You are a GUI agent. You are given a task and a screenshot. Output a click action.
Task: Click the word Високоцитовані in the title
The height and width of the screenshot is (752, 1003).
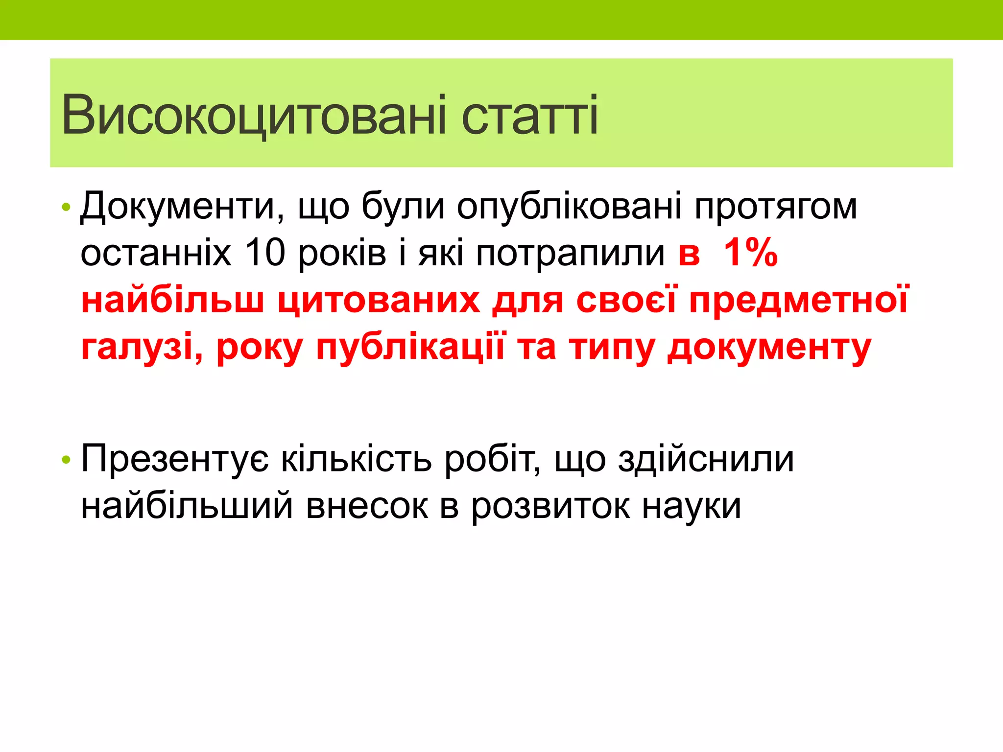point(254,116)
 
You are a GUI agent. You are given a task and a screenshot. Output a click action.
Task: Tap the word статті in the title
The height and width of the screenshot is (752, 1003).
point(529,116)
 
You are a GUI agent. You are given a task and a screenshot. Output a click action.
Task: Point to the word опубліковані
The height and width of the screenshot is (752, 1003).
point(569,207)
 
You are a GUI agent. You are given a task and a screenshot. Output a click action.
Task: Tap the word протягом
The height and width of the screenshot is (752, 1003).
point(776,207)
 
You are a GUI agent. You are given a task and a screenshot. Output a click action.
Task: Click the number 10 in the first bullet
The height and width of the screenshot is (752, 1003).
point(264,253)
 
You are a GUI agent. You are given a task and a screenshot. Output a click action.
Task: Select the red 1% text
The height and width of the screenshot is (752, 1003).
point(750,253)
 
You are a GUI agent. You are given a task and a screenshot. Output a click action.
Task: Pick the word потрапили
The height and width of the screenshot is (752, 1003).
point(570,253)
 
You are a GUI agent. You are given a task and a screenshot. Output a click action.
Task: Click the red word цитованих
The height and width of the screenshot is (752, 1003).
point(379,300)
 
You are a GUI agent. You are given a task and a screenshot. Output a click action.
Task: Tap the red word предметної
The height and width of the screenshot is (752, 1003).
point(798,300)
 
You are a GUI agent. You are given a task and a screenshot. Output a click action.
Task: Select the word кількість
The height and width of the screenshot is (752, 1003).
point(356,460)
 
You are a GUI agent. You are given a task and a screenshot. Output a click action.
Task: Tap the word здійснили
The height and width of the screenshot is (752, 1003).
point(706,460)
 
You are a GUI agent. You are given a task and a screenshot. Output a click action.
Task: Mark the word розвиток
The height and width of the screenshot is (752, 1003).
point(550,506)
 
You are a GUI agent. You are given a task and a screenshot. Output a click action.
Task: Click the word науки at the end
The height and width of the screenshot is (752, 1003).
point(692,506)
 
